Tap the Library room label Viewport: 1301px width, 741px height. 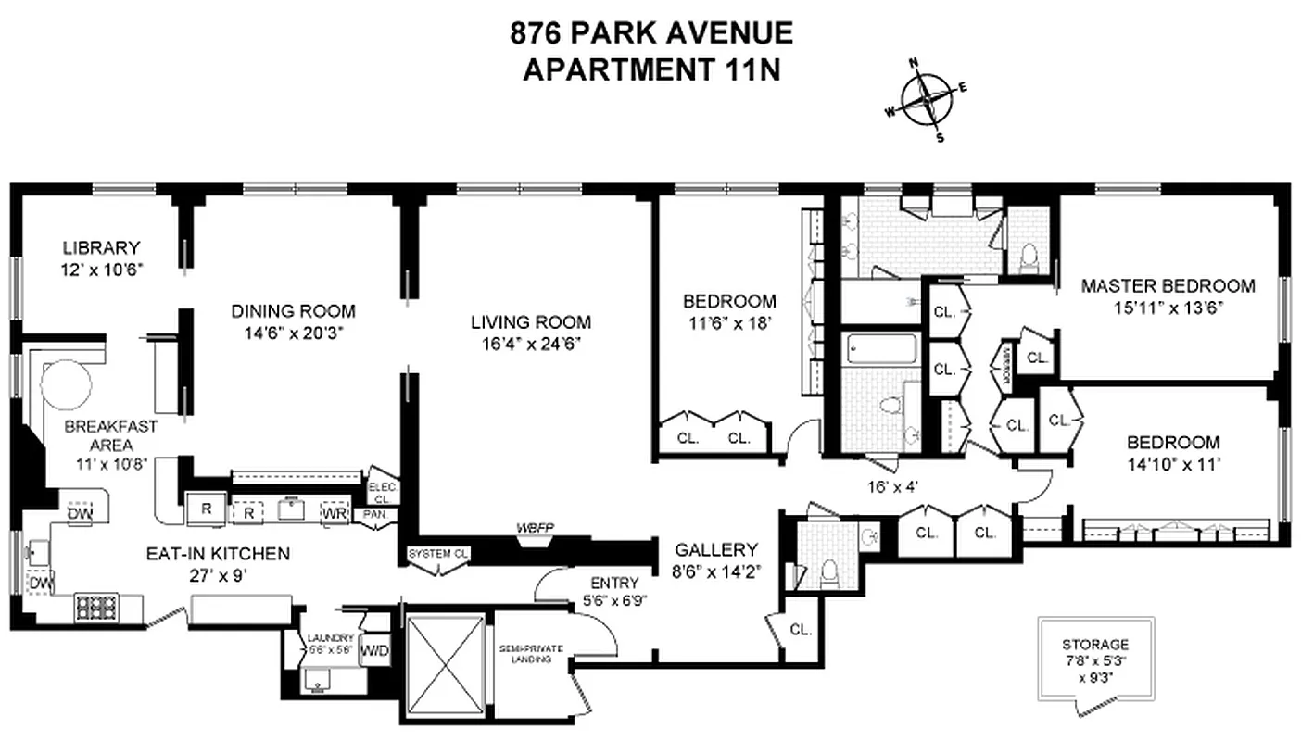pyautogui.click(x=102, y=248)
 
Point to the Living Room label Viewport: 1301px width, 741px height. pyautogui.click(x=530, y=322)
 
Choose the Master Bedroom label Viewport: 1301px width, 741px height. pyautogui.click(x=1168, y=286)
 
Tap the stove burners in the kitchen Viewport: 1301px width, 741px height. pyautogui.click(x=94, y=608)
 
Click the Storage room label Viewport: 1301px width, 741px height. pyautogui.click(x=1095, y=644)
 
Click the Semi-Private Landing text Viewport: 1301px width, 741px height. pyautogui.click(x=532, y=653)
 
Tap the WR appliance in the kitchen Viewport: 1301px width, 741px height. pyautogui.click(x=334, y=512)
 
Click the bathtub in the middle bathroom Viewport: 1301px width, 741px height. pyautogui.click(x=881, y=350)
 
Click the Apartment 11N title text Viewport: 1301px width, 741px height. pyautogui.click(x=651, y=70)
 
